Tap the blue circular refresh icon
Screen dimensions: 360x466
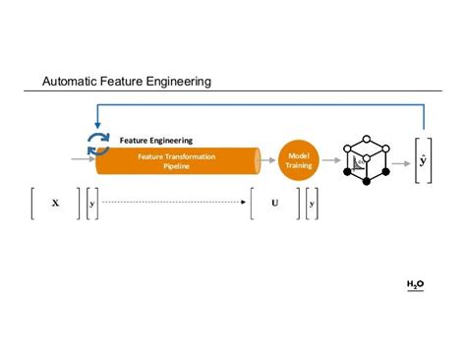pyautogui.click(x=98, y=144)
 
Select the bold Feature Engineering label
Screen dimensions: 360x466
pyautogui.click(x=156, y=141)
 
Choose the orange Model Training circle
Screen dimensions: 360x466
pyautogui.click(x=298, y=159)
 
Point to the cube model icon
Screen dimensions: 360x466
pyautogui.click(x=366, y=158)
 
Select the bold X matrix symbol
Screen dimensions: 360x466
pyautogui.click(x=55, y=204)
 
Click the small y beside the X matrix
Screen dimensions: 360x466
pyautogui.click(x=92, y=204)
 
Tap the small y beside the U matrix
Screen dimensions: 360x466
pyautogui.click(x=312, y=204)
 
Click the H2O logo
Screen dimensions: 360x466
pyautogui.click(x=415, y=284)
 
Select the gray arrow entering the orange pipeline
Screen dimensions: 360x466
pyautogui.click(x=84, y=158)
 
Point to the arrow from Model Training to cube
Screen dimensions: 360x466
pyautogui.click(x=328, y=158)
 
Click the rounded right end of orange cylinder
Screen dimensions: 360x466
pyautogui.click(x=257, y=160)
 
